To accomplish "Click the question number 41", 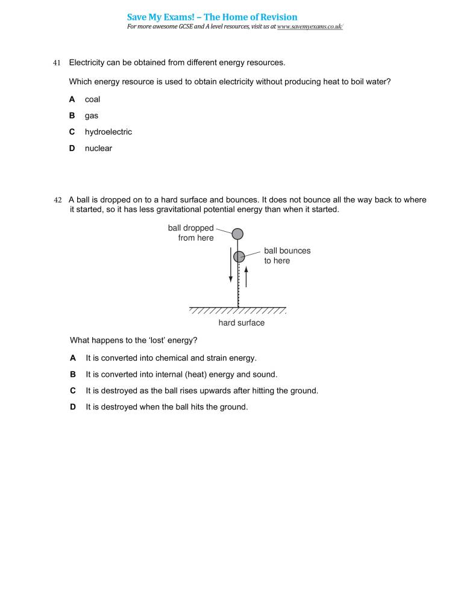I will click(x=57, y=63).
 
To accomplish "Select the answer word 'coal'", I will click(x=92, y=99).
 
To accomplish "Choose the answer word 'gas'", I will click(x=91, y=116).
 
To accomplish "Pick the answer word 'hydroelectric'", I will click(x=108, y=132).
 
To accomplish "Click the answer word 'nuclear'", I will click(x=98, y=148).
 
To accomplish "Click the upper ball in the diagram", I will click(x=237, y=234).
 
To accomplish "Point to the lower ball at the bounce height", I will click(x=239, y=256).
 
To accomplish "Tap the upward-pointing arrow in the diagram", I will click(x=246, y=276).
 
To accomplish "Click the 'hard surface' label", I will click(x=241, y=323).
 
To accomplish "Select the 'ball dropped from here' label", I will click(x=191, y=233).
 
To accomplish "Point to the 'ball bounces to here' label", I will click(x=287, y=256).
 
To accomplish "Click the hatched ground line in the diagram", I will click(x=237, y=310).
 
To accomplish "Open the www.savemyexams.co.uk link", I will click(x=310, y=27).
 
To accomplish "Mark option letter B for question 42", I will click(x=73, y=374).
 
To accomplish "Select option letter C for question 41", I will click(x=72, y=132).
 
